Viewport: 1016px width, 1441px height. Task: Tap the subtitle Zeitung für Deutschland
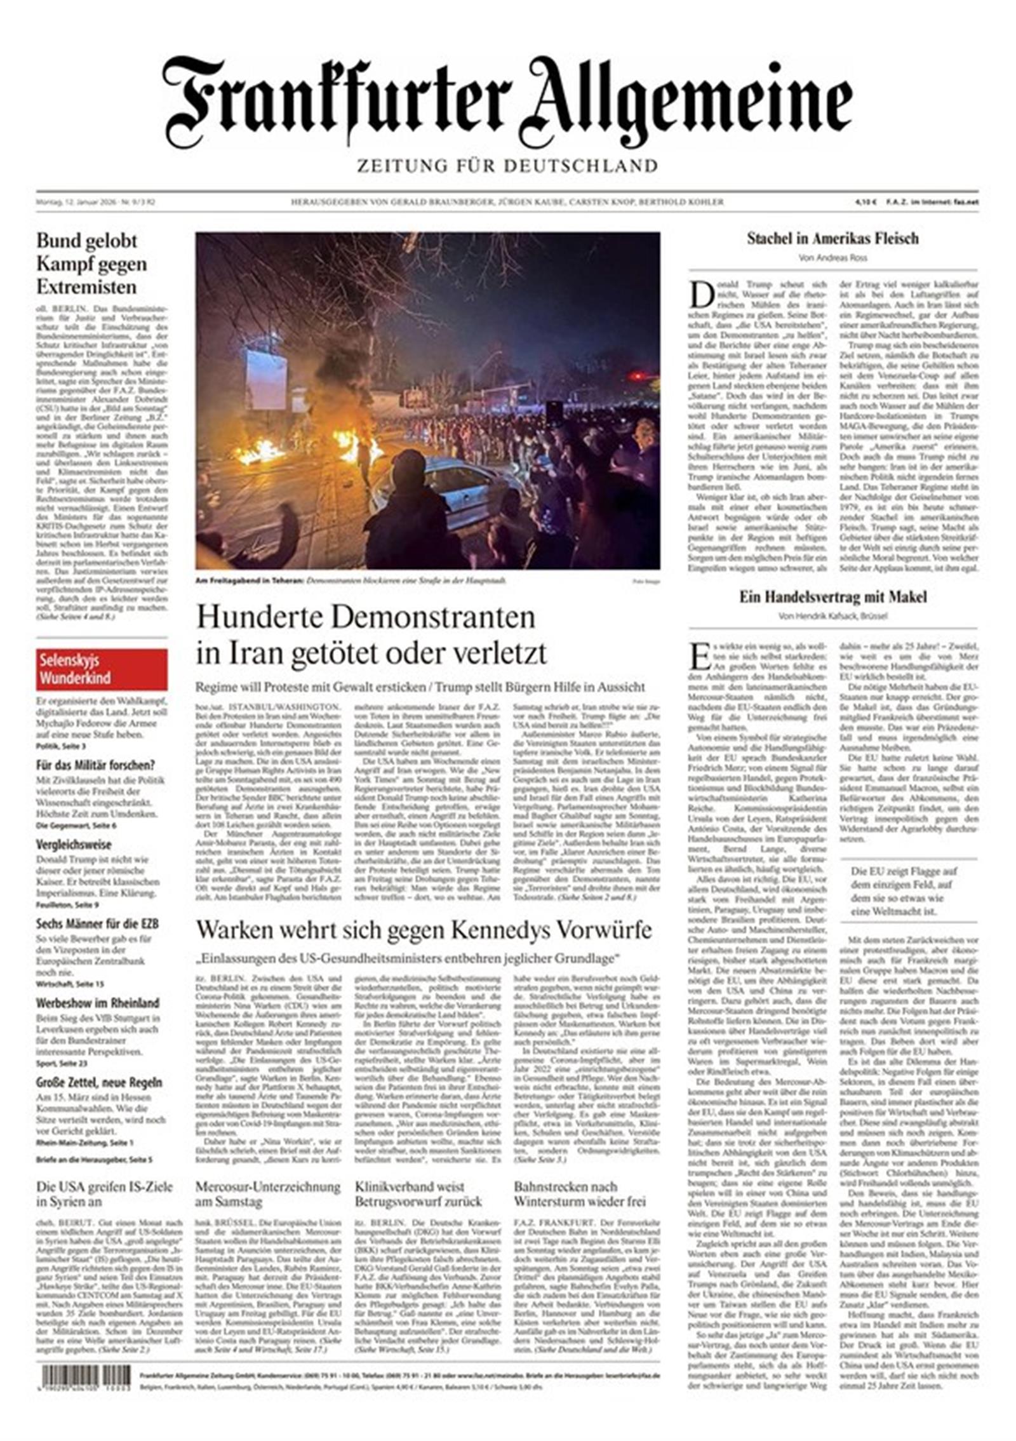point(507,166)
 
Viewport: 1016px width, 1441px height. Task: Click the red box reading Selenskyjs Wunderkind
point(102,669)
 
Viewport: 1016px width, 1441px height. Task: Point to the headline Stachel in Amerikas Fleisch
point(832,239)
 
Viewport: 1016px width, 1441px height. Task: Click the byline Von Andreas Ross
point(832,258)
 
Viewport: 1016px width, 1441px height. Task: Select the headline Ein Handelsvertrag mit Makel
point(832,597)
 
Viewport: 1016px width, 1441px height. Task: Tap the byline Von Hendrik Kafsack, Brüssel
point(832,616)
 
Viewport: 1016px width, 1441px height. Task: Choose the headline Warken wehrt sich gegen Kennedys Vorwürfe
point(424,930)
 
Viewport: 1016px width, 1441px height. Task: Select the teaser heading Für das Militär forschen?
point(95,765)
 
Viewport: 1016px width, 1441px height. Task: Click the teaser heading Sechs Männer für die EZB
point(97,923)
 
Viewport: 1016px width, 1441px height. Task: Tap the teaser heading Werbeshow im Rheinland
point(97,1003)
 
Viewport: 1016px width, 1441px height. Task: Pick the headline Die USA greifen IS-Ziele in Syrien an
point(104,1194)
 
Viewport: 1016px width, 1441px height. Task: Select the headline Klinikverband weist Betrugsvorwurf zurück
point(418,1194)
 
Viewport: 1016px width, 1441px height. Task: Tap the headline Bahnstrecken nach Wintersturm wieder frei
point(580,1194)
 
